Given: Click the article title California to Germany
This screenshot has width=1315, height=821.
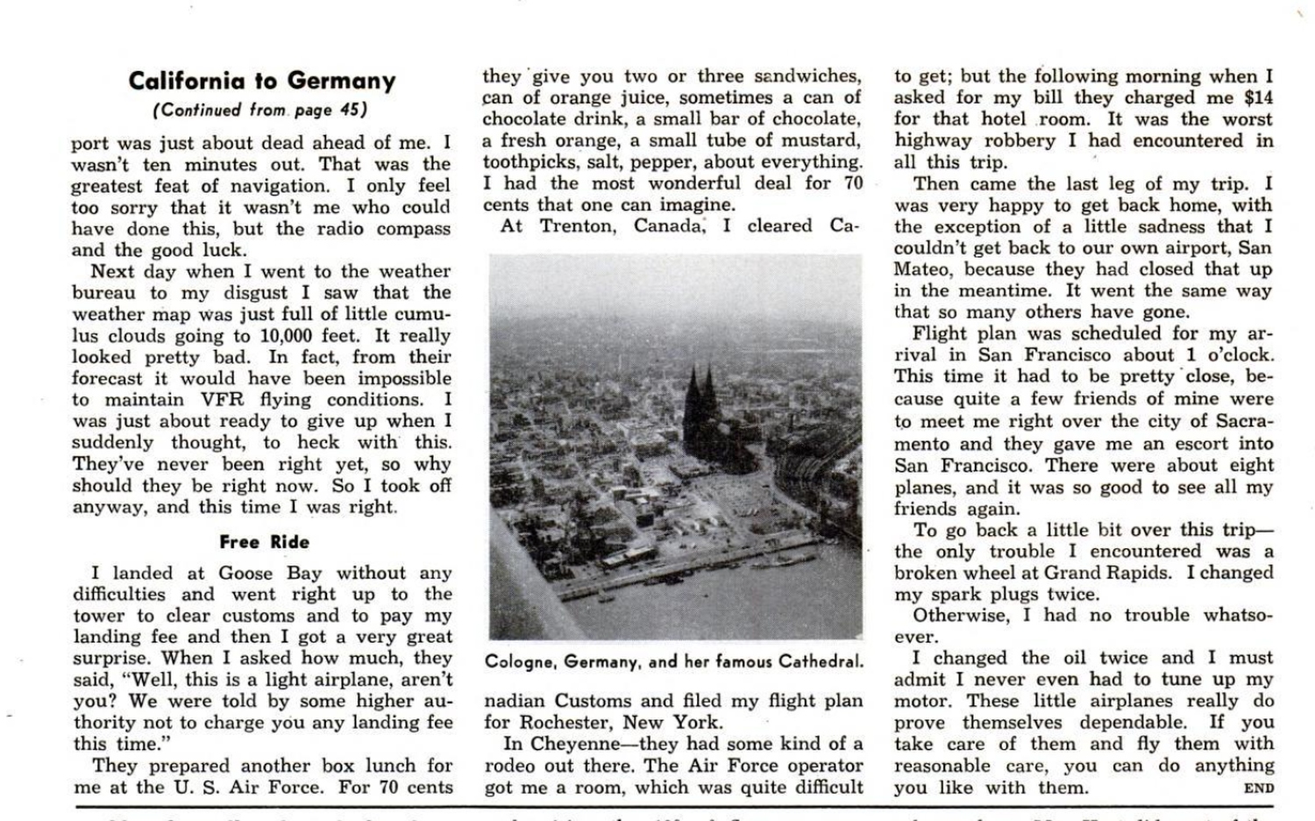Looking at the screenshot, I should [261, 81].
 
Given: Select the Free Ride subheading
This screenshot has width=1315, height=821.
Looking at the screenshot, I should [264, 542].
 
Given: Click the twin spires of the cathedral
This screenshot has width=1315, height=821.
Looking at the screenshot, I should [700, 394].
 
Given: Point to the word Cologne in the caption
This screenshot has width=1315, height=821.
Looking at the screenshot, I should [521, 661].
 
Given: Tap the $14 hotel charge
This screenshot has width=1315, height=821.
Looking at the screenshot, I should [1257, 98].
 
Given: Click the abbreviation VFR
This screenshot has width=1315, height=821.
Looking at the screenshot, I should [222, 400].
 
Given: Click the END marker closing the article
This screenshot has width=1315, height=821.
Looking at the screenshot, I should [1258, 789].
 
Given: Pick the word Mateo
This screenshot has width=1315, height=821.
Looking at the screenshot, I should [925, 269].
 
